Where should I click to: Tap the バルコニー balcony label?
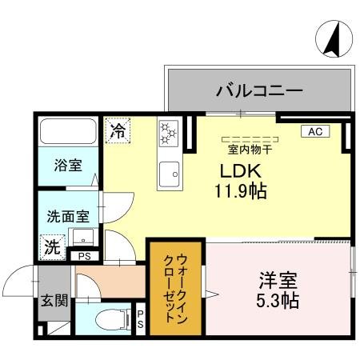click(258, 90)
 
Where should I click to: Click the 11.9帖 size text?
click(239, 191)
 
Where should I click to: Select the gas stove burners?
click(169, 134)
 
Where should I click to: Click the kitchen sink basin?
click(168, 174)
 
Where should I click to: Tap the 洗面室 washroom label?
click(67, 216)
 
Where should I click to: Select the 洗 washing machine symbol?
click(51, 247)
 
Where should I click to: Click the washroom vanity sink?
click(82, 238)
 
